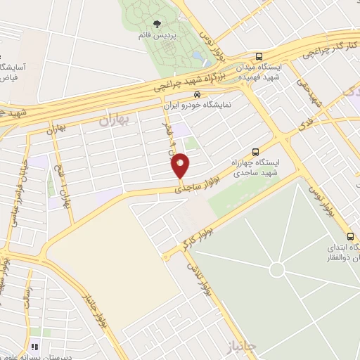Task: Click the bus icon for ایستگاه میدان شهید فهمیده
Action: click(259, 57)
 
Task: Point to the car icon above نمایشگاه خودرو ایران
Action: click(198, 93)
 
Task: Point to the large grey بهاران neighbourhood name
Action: click(115, 121)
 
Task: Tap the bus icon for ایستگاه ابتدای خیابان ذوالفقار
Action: click(350, 236)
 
